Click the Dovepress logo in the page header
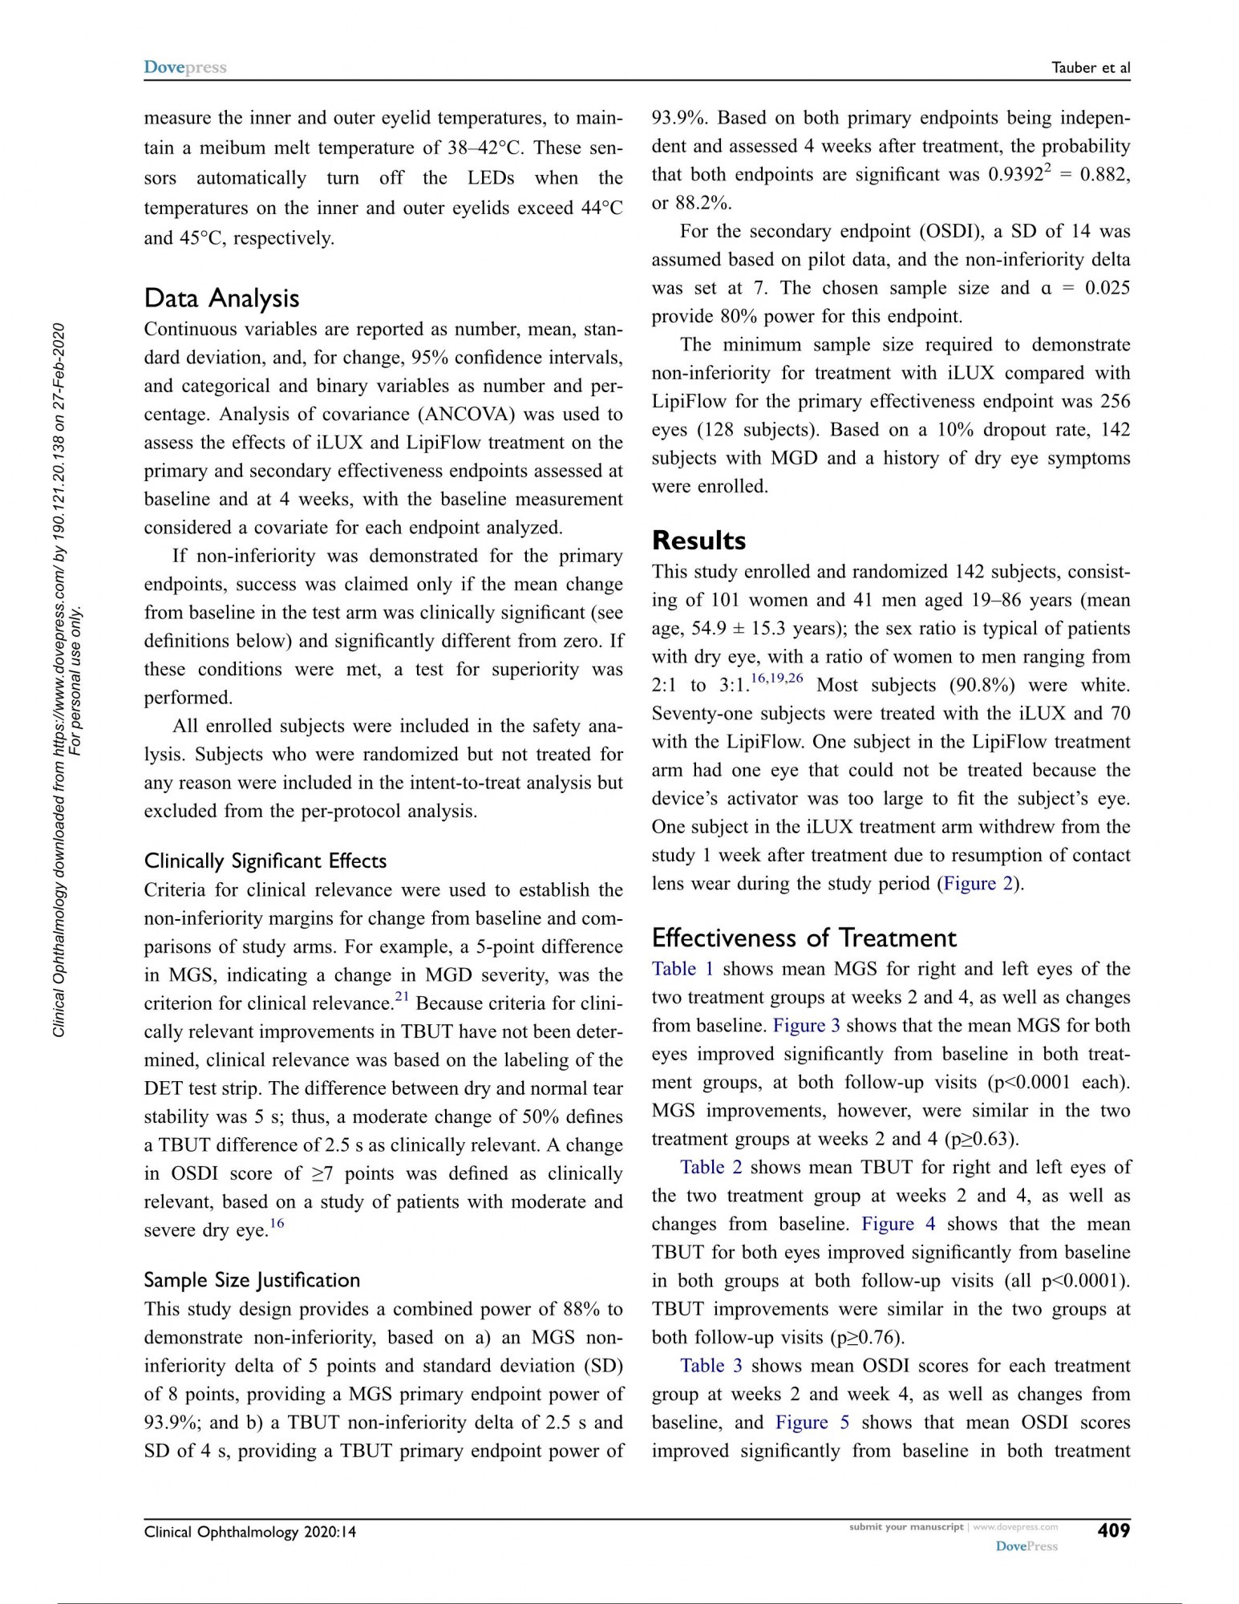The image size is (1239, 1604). coord(185,67)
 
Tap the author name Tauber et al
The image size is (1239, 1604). coord(1091,68)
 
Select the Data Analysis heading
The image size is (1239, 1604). coord(221,298)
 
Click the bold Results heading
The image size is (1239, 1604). coord(698,541)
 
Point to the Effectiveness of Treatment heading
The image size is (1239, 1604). coord(804,938)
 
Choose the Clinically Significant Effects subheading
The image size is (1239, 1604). coord(265,861)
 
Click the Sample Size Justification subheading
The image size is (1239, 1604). coord(252,1279)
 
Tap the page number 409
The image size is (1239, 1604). coord(1113,1530)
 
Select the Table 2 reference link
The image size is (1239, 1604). coord(711,1167)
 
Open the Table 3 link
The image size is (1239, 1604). coord(711,1365)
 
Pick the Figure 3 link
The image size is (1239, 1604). coord(806,1025)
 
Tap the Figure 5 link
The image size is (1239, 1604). coord(812,1422)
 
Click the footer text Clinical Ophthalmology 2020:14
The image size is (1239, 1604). coord(250,1532)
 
